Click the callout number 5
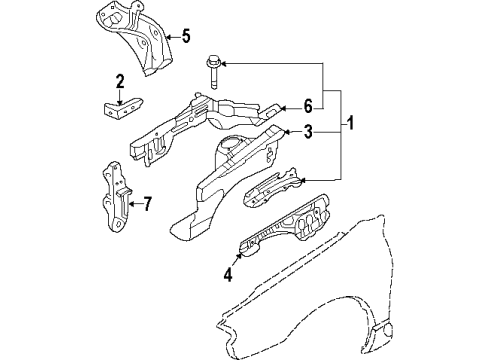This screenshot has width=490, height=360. point(185,38)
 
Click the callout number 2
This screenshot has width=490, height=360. point(120,81)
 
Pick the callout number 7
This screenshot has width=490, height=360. point(146,205)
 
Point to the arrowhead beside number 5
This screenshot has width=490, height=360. point(167,38)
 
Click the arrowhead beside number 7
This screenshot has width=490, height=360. point(130,205)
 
